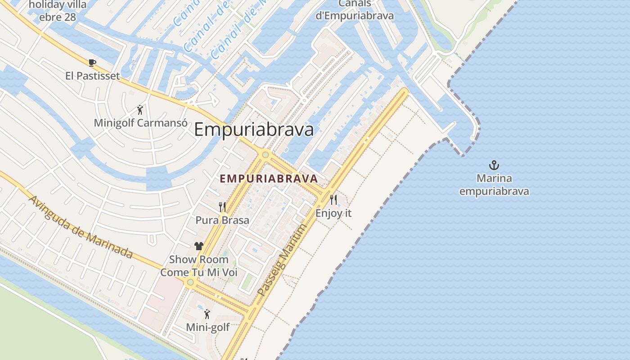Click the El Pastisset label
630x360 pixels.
click(93, 76)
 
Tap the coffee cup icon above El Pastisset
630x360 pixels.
click(92, 63)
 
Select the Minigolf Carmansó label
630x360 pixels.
click(140, 122)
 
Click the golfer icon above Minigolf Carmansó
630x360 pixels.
click(140, 109)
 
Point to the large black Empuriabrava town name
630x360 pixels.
click(254, 130)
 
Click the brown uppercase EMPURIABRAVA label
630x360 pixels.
click(269, 179)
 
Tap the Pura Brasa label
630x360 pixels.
click(222, 220)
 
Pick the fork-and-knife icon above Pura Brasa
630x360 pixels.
click(222, 207)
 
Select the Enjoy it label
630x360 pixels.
click(333, 213)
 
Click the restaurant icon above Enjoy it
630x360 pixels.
click(333, 200)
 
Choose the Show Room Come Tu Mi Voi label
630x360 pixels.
click(199, 266)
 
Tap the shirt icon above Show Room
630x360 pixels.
click(199, 246)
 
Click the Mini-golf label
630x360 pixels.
click(208, 327)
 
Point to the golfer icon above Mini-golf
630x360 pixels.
click(207, 314)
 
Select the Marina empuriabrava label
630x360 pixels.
click(494, 184)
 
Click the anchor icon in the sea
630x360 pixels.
click(494, 165)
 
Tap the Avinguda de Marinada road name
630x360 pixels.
click(81, 227)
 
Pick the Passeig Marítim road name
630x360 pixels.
click(282, 260)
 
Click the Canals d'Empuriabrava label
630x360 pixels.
click(355, 10)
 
